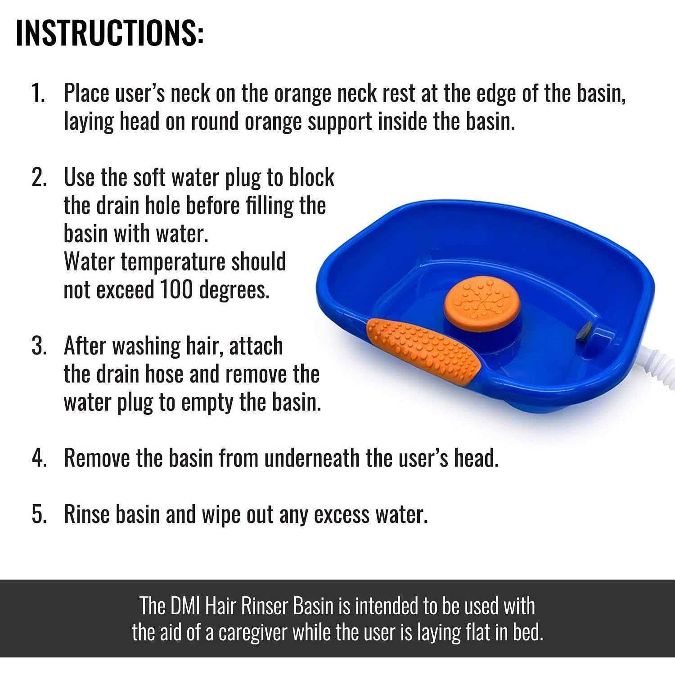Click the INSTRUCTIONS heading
pos(110,32)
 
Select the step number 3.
pos(39,346)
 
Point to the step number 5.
pos(39,514)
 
